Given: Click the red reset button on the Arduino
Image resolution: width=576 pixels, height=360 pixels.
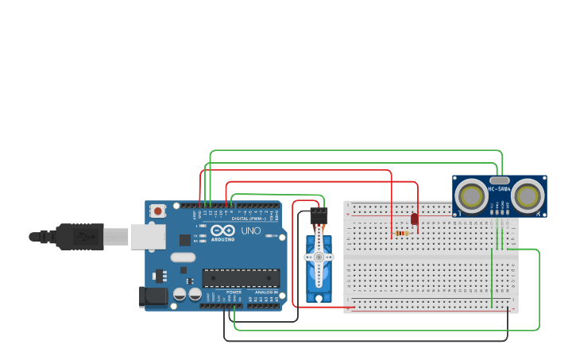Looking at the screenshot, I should (158, 211).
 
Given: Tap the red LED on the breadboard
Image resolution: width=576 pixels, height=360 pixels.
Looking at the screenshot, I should (415, 219).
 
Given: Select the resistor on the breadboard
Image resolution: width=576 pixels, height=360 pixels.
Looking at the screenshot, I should (404, 233).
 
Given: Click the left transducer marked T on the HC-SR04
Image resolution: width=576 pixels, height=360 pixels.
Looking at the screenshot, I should (471, 195).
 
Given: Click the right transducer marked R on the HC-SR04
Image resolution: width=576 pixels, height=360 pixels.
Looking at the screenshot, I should (528, 195).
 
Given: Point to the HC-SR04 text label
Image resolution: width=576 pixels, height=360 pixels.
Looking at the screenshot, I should (499, 189).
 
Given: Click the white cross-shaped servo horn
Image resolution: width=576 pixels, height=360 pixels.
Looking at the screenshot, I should (319, 256).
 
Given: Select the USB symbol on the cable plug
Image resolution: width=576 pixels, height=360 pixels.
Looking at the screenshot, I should (79, 236).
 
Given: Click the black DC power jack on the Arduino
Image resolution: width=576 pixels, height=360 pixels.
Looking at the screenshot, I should (153, 297).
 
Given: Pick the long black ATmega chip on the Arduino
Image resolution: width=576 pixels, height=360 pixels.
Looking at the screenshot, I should (241, 277).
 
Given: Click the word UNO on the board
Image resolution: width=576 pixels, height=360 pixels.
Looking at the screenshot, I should (251, 231).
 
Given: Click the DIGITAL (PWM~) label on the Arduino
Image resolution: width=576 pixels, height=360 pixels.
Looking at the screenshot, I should (249, 219).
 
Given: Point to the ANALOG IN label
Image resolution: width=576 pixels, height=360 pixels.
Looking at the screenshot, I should (265, 292).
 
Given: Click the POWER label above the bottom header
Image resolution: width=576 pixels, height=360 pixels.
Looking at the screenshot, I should (234, 292).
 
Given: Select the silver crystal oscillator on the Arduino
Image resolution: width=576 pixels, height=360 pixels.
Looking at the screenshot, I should (182, 257).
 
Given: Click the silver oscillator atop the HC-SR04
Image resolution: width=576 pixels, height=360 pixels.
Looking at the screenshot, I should (499, 180).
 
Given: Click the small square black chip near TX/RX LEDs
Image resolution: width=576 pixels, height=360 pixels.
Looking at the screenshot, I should (185, 239).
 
